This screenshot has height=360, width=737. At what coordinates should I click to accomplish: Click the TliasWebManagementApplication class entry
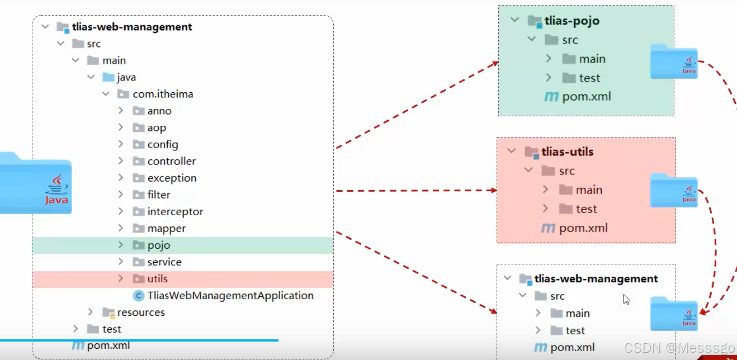pyautogui.click(x=230, y=296)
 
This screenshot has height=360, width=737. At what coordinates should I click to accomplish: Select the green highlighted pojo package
pyautogui.click(x=159, y=245)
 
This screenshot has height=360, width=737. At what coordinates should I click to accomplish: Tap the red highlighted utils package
pyautogui.click(x=157, y=279)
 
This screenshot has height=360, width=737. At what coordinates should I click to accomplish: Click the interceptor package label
pyautogui.click(x=175, y=212)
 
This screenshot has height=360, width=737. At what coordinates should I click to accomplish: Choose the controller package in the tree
pyautogui.click(x=172, y=162)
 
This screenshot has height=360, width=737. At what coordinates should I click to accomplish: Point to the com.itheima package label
pyautogui.click(x=163, y=94)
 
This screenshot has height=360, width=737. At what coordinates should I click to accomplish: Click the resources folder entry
pyautogui.click(x=141, y=312)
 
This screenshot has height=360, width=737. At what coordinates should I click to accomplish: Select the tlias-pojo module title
pyautogui.click(x=571, y=21)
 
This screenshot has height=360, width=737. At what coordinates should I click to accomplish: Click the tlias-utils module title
pyautogui.click(x=567, y=152)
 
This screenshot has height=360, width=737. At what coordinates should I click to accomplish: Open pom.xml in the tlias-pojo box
pyautogui.click(x=586, y=97)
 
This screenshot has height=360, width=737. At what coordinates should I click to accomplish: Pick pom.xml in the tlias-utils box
pyautogui.click(x=583, y=228)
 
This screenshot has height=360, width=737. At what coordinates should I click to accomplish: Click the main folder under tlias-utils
pyautogui.click(x=589, y=190)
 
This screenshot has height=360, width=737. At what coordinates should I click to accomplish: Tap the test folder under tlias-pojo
pyautogui.click(x=589, y=78)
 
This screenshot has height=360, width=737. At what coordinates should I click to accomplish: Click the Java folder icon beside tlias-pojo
pyautogui.click(x=674, y=61)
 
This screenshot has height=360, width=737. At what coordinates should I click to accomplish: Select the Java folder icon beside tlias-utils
pyautogui.click(x=674, y=191)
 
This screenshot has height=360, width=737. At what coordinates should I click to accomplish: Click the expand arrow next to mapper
pyautogui.click(x=121, y=229)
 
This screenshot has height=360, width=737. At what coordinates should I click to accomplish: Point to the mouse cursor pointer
pyautogui.click(x=627, y=300)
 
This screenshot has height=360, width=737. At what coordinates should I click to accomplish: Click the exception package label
pyautogui.click(x=172, y=178)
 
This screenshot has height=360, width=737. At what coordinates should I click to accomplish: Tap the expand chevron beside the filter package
pyautogui.click(x=121, y=195)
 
